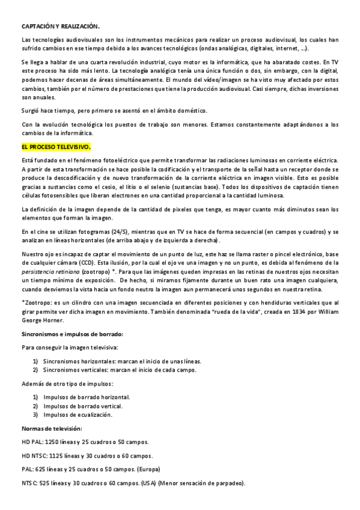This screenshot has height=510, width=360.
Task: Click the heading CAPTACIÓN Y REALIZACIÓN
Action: click(x=60, y=26)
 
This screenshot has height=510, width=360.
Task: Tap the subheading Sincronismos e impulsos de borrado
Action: click(x=72, y=333)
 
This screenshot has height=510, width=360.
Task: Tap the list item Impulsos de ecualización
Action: click(x=78, y=414)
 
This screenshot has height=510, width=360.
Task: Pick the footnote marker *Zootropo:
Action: click(x=38, y=303)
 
